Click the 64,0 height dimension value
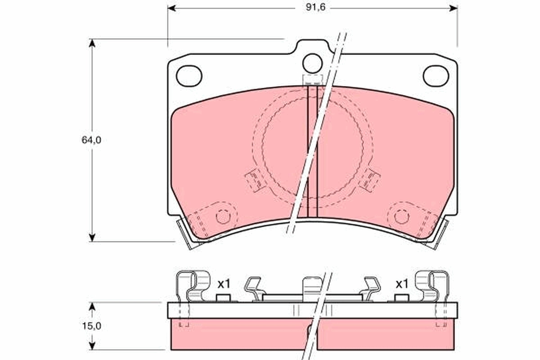[x=91, y=140]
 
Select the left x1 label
[x=224, y=284]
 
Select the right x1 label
[x=401, y=284]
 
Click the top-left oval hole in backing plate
[x=189, y=76]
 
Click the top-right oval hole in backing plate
[x=436, y=76]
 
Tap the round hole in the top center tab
[x=312, y=63]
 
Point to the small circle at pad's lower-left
[x=223, y=217]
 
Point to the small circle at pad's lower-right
[x=401, y=217]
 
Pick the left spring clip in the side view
[x=193, y=286]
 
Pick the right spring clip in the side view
[x=431, y=286]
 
